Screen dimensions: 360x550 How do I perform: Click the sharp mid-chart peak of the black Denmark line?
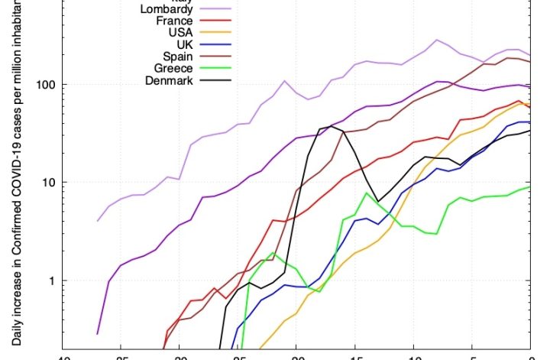[330, 126]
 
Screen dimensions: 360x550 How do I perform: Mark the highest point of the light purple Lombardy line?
[436, 40]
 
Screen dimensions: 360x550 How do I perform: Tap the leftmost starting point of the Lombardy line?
[98, 221]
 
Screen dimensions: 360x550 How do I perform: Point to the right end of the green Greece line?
[530, 187]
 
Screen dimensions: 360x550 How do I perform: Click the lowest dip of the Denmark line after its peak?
[378, 202]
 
